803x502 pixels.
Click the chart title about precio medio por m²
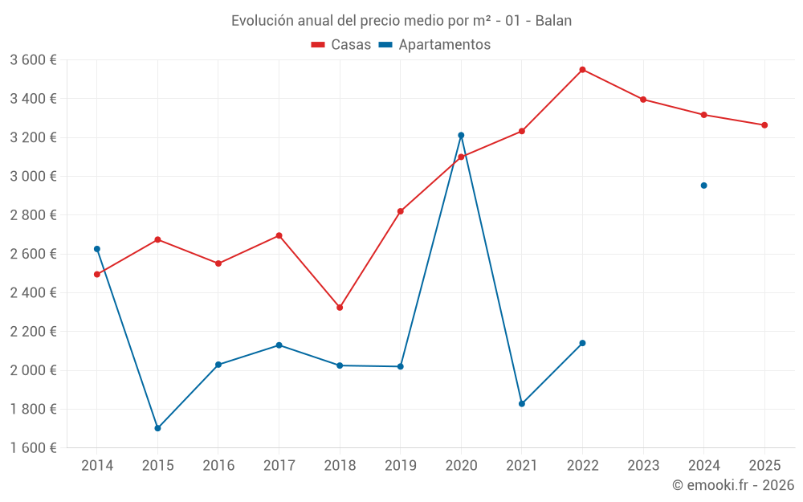point(401,20)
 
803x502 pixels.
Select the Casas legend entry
point(341,45)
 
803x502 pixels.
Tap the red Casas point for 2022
point(582,70)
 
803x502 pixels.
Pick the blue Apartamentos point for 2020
point(461,135)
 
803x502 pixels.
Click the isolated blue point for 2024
point(703,186)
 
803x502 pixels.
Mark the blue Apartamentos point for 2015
point(157,428)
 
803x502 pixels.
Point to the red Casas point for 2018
point(340,308)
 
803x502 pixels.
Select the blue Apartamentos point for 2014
point(97,249)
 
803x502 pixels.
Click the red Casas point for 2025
point(764,125)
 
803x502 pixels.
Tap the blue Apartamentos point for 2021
point(522,404)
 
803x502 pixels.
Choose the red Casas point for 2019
point(401,211)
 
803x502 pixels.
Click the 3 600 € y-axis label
point(33,60)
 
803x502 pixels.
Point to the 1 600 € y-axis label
point(33,448)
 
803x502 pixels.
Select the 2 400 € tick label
point(33,293)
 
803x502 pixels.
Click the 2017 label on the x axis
point(279,466)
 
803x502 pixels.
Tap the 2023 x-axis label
point(643,466)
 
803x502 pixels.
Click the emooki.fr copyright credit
point(732,485)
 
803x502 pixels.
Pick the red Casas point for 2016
point(218,263)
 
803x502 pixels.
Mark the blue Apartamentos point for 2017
point(279,345)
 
